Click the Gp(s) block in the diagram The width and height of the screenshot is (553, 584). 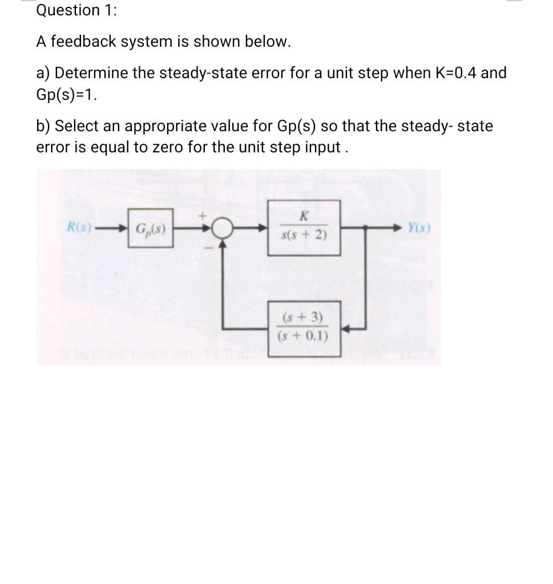point(151,231)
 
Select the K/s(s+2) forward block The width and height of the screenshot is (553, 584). point(304,227)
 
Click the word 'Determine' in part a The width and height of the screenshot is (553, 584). point(89,74)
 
